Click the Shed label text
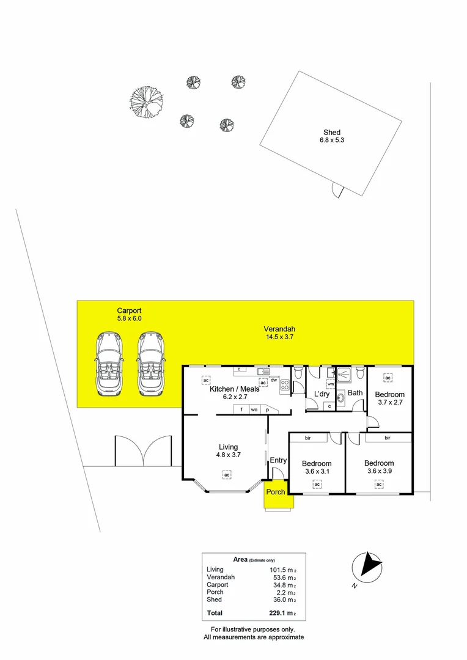point(332,133)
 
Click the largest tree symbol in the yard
point(147,101)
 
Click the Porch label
point(276,492)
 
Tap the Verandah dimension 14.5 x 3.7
point(280,337)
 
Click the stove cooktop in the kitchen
point(285,385)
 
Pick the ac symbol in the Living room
point(226,474)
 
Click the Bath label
point(355,393)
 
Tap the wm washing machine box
point(331,384)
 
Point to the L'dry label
point(322,394)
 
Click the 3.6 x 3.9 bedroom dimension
point(379,471)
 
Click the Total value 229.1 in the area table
point(279,613)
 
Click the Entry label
point(278,460)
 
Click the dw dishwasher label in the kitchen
point(274,380)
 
